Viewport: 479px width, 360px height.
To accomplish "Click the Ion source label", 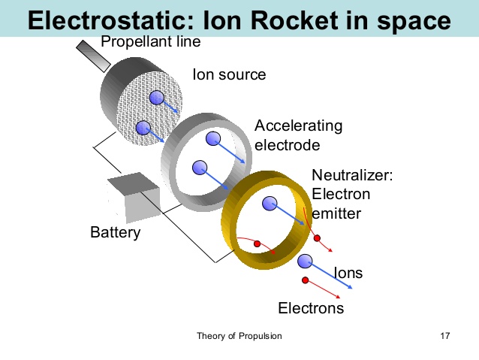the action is pyautogui.click(x=229, y=74).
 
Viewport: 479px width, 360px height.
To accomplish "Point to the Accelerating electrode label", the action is pyautogui.click(x=298, y=135).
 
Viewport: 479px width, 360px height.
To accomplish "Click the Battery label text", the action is pyautogui.click(x=115, y=232).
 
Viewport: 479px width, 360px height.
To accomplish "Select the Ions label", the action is pyautogui.click(x=348, y=273).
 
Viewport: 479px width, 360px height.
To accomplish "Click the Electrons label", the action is pyautogui.click(x=311, y=308).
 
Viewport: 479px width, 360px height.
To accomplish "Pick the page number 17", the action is pyautogui.click(x=444, y=336).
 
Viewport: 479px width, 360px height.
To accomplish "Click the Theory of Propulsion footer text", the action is pyautogui.click(x=239, y=336).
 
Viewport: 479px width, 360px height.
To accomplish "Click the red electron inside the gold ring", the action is pyautogui.click(x=258, y=244).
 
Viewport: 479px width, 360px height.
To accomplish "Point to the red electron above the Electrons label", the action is pyautogui.click(x=306, y=280).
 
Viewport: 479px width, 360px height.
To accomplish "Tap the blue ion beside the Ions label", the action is pyautogui.click(x=304, y=261).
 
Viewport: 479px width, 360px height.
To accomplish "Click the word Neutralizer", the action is pyautogui.click(x=352, y=176).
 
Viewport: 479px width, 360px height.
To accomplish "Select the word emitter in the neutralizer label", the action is pyautogui.click(x=336, y=213).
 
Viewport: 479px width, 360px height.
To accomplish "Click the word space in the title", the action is pyautogui.click(x=414, y=21).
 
